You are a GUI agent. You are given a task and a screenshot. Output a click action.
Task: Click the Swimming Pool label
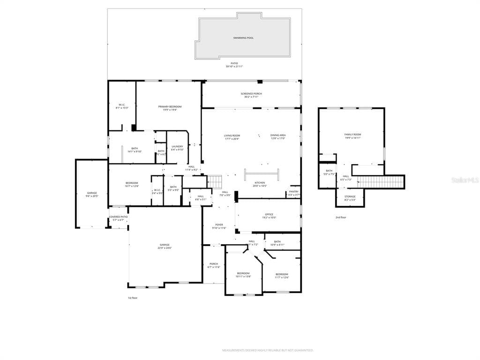click(x=243, y=37)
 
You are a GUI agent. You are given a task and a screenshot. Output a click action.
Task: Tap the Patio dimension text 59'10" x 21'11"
click(x=234, y=67)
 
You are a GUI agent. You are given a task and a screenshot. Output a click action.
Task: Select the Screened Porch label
click(x=251, y=94)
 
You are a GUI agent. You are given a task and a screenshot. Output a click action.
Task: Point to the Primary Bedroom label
click(x=170, y=107)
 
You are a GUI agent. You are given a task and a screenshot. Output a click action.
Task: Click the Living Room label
click(x=232, y=135)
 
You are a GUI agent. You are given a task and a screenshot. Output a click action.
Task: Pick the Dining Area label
click(x=278, y=135)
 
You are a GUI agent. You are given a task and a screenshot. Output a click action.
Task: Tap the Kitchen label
click(x=260, y=183)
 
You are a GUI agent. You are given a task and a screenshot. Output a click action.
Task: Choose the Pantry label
click(x=293, y=191)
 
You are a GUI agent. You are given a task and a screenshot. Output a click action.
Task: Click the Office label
click(x=269, y=215)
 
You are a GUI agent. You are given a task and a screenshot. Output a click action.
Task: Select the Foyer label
click(x=219, y=225)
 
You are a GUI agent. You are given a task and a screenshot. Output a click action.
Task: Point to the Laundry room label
click(x=177, y=147)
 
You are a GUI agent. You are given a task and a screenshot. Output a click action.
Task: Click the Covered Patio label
click(x=118, y=217)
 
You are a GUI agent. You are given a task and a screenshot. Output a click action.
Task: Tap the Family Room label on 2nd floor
click(x=352, y=135)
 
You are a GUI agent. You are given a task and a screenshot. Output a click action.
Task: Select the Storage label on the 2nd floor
click(x=350, y=196)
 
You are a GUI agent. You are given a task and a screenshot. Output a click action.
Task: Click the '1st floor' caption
click(x=133, y=298)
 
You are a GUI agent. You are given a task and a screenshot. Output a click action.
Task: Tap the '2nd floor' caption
click(x=341, y=217)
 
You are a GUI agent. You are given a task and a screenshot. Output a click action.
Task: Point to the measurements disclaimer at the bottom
click(x=268, y=350)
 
